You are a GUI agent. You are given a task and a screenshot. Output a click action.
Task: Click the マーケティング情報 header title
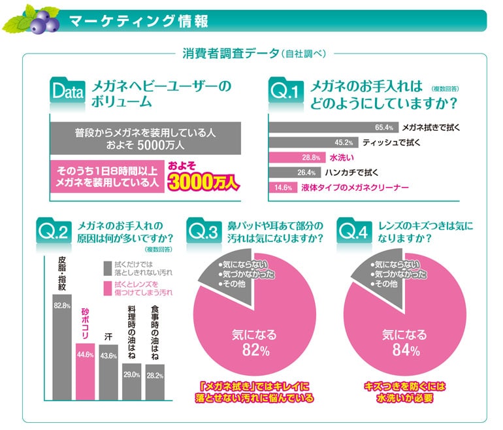138,21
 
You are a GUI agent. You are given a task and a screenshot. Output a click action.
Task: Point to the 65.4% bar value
383,127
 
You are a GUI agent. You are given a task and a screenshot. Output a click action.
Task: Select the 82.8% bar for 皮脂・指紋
62,340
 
